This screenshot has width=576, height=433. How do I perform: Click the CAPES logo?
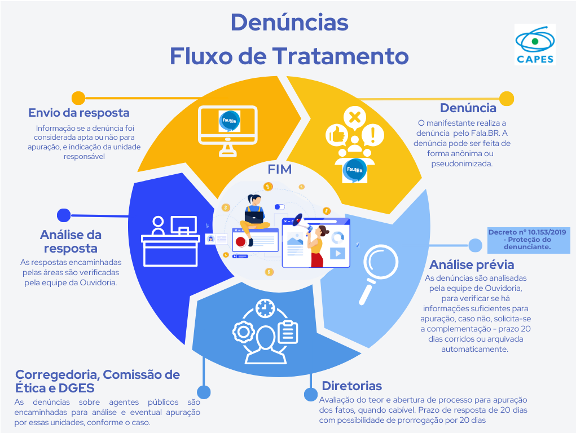coord(535,45)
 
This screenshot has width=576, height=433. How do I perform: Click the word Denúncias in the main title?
coord(289,23)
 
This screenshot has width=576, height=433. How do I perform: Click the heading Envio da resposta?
coord(79,113)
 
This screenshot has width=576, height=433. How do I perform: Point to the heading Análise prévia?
coord(472,264)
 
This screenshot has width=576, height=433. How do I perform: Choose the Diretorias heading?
coord(351,386)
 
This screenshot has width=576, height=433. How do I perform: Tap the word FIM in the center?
coord(280,169)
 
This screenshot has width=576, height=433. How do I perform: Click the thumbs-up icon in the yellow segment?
coord(336,135)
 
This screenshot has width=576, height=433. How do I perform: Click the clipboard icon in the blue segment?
coord(288,331)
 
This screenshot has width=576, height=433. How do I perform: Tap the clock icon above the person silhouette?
coord(263,308)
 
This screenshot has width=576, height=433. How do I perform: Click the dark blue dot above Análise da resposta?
coord(64,215)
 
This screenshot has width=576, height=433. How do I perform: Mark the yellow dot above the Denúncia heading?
coord(507,99)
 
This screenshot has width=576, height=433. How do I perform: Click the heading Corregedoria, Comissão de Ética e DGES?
coord(98,381)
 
